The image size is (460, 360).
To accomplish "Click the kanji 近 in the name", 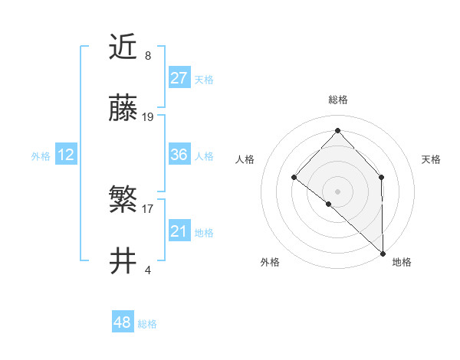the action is click(x=124, y=48).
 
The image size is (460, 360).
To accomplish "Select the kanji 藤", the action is click(x=124, y=110).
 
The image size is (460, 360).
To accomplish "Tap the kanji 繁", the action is click(x=124, y=201).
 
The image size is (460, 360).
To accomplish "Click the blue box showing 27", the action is click(x=179, y=78).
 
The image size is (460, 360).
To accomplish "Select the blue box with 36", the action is click(x=179, y=155).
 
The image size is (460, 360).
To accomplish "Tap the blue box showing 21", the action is click(x=179, y=231).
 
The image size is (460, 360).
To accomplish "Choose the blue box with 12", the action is click(x=66, y=155).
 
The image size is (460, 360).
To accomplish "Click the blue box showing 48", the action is click(x=123, y=322).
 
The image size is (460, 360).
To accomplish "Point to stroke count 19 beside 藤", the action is click(x=148, y=117).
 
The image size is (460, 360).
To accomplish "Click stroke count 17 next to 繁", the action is click(x=148, y=208).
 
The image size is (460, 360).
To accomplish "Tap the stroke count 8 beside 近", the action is click(x=148, y=56).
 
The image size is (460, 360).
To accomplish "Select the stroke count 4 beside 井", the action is click(x=148, y=270).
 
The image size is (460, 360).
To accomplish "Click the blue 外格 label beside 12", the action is click(x=41, y=155).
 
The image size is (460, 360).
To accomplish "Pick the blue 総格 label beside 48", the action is click(x=147, y=324).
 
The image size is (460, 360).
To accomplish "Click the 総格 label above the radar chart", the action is click(x=338, y=100).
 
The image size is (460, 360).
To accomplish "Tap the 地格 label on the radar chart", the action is click(x=402, y=262).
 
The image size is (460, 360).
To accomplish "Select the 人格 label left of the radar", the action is click(x=245, y=159).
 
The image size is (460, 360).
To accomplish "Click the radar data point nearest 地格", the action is click(x=383, y=252).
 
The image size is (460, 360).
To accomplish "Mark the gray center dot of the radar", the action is click(x=337, y=191).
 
